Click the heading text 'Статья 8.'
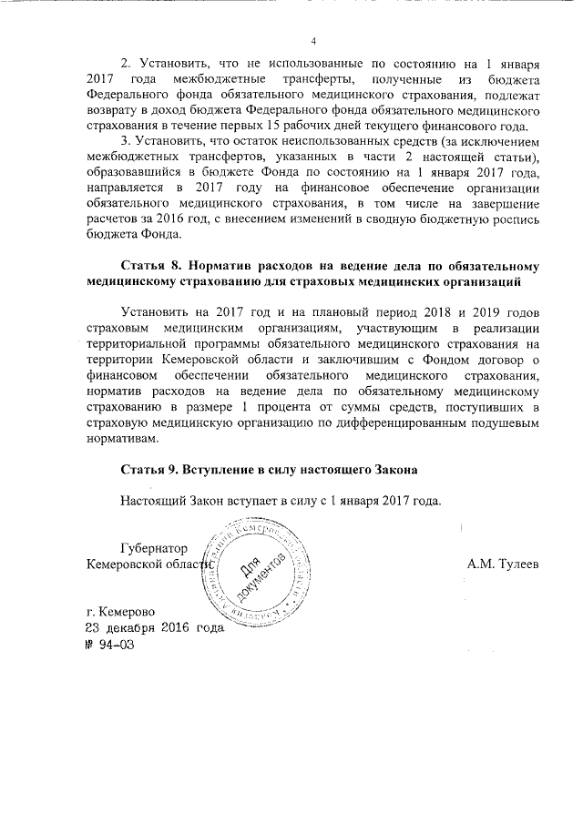click(150, 266)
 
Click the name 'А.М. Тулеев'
click(503, 565)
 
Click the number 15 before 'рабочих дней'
click(333, 126)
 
